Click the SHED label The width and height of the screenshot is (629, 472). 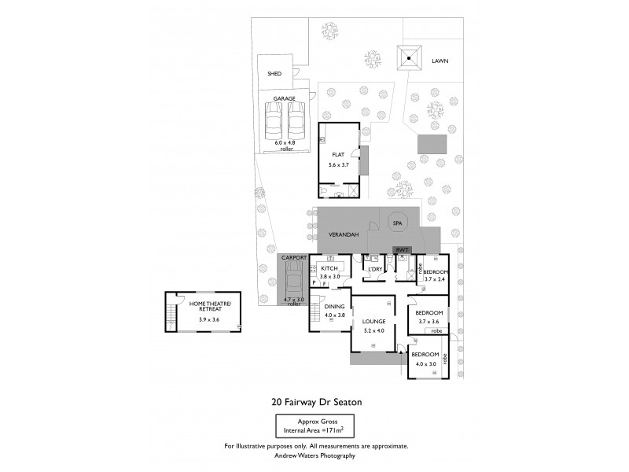274,74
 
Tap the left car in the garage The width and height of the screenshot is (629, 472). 274,121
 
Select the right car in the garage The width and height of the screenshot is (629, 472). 296,121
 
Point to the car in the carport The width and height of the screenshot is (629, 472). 292,277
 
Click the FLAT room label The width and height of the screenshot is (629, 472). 338,154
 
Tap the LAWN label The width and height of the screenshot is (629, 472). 440,61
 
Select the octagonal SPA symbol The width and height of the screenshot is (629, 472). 397,223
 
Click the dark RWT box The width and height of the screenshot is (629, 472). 402,251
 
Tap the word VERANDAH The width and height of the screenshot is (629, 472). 344,235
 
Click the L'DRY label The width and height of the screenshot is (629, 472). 375,269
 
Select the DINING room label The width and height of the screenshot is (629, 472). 335,307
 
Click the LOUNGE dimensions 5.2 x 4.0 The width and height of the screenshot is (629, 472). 373,330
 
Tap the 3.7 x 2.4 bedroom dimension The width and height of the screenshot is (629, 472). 435,278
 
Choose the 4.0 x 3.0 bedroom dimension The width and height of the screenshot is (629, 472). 425,363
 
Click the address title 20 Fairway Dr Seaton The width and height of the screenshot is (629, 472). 316,401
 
